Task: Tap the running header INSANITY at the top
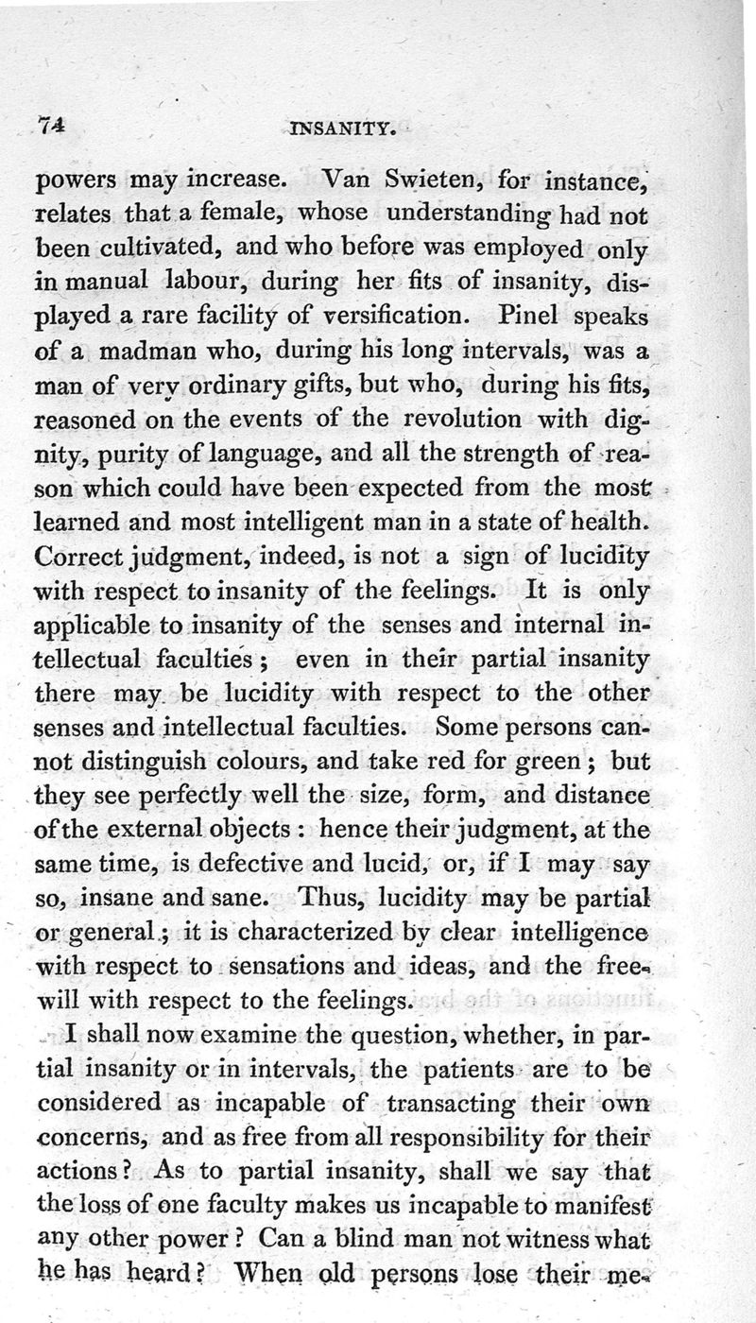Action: click(x=339, y=126)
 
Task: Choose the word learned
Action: click(x=77, y=521)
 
